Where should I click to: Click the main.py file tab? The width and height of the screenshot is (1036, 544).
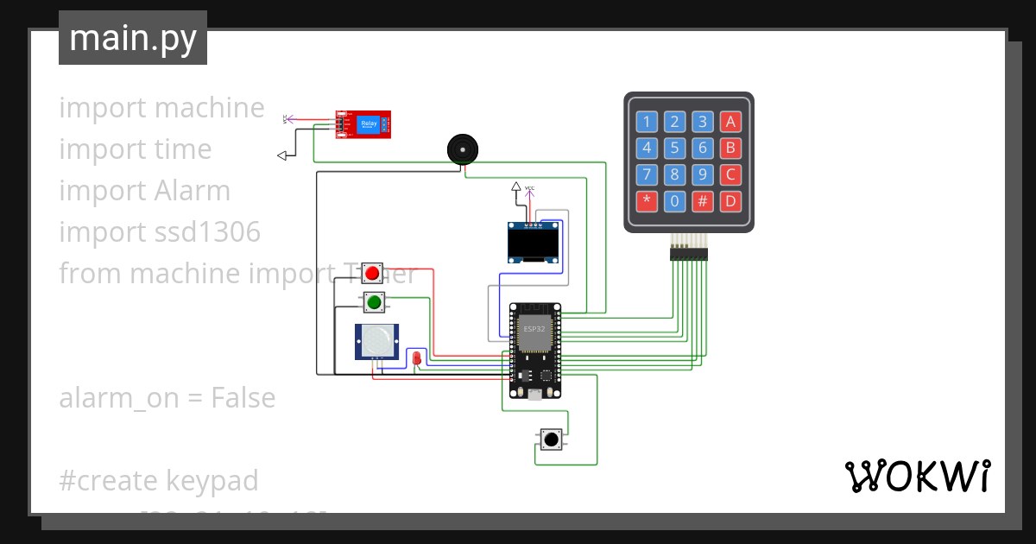point(132,38)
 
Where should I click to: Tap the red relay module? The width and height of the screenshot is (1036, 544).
point(363,124)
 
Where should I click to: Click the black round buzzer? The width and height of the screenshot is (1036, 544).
point(462,149)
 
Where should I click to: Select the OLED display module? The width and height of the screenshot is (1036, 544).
point(533,242)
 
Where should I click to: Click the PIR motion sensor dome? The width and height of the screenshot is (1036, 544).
point(376,341)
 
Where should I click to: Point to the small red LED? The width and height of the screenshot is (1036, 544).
point(416,357)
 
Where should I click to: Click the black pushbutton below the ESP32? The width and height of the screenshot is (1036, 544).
point(550,440)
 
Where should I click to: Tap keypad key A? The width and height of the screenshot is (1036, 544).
point(730,122)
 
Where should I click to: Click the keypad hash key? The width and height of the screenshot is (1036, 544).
point(703,202)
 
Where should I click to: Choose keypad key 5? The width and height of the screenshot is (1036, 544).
point(675,149)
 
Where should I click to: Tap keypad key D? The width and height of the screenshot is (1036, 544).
point(730,202)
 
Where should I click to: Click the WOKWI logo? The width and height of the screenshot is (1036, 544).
point(917,476)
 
